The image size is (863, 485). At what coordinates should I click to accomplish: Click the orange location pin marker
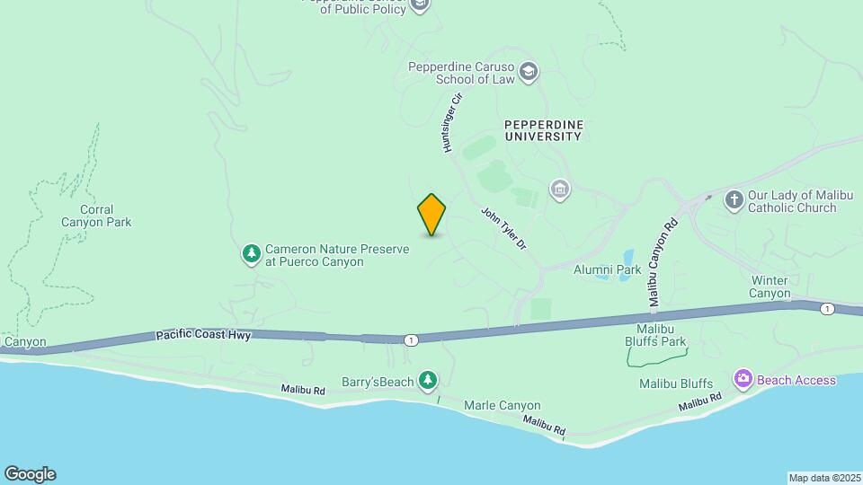[x=431, y=214]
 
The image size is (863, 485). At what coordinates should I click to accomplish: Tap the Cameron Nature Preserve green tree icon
[x=251, y=254]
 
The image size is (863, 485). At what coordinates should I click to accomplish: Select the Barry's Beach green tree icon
[x=429, y=381]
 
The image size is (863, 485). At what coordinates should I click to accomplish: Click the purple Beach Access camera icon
[x=743, y=379]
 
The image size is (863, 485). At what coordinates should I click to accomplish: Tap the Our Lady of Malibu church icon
[x=734, y=199]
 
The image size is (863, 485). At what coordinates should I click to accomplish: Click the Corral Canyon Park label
[x=96, y=215]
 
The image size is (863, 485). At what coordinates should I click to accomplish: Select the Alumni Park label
[x=608, y=269]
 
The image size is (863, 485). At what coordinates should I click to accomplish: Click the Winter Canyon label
[x=770, y=287]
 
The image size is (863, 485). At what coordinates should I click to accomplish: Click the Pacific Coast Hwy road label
[x=202, y=334]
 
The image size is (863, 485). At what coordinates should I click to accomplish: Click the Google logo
[x=30, y=473]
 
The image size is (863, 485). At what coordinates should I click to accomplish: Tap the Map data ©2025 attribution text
[x=823, y=478]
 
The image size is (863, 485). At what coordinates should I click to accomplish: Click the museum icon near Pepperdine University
[x=560, y=190]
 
